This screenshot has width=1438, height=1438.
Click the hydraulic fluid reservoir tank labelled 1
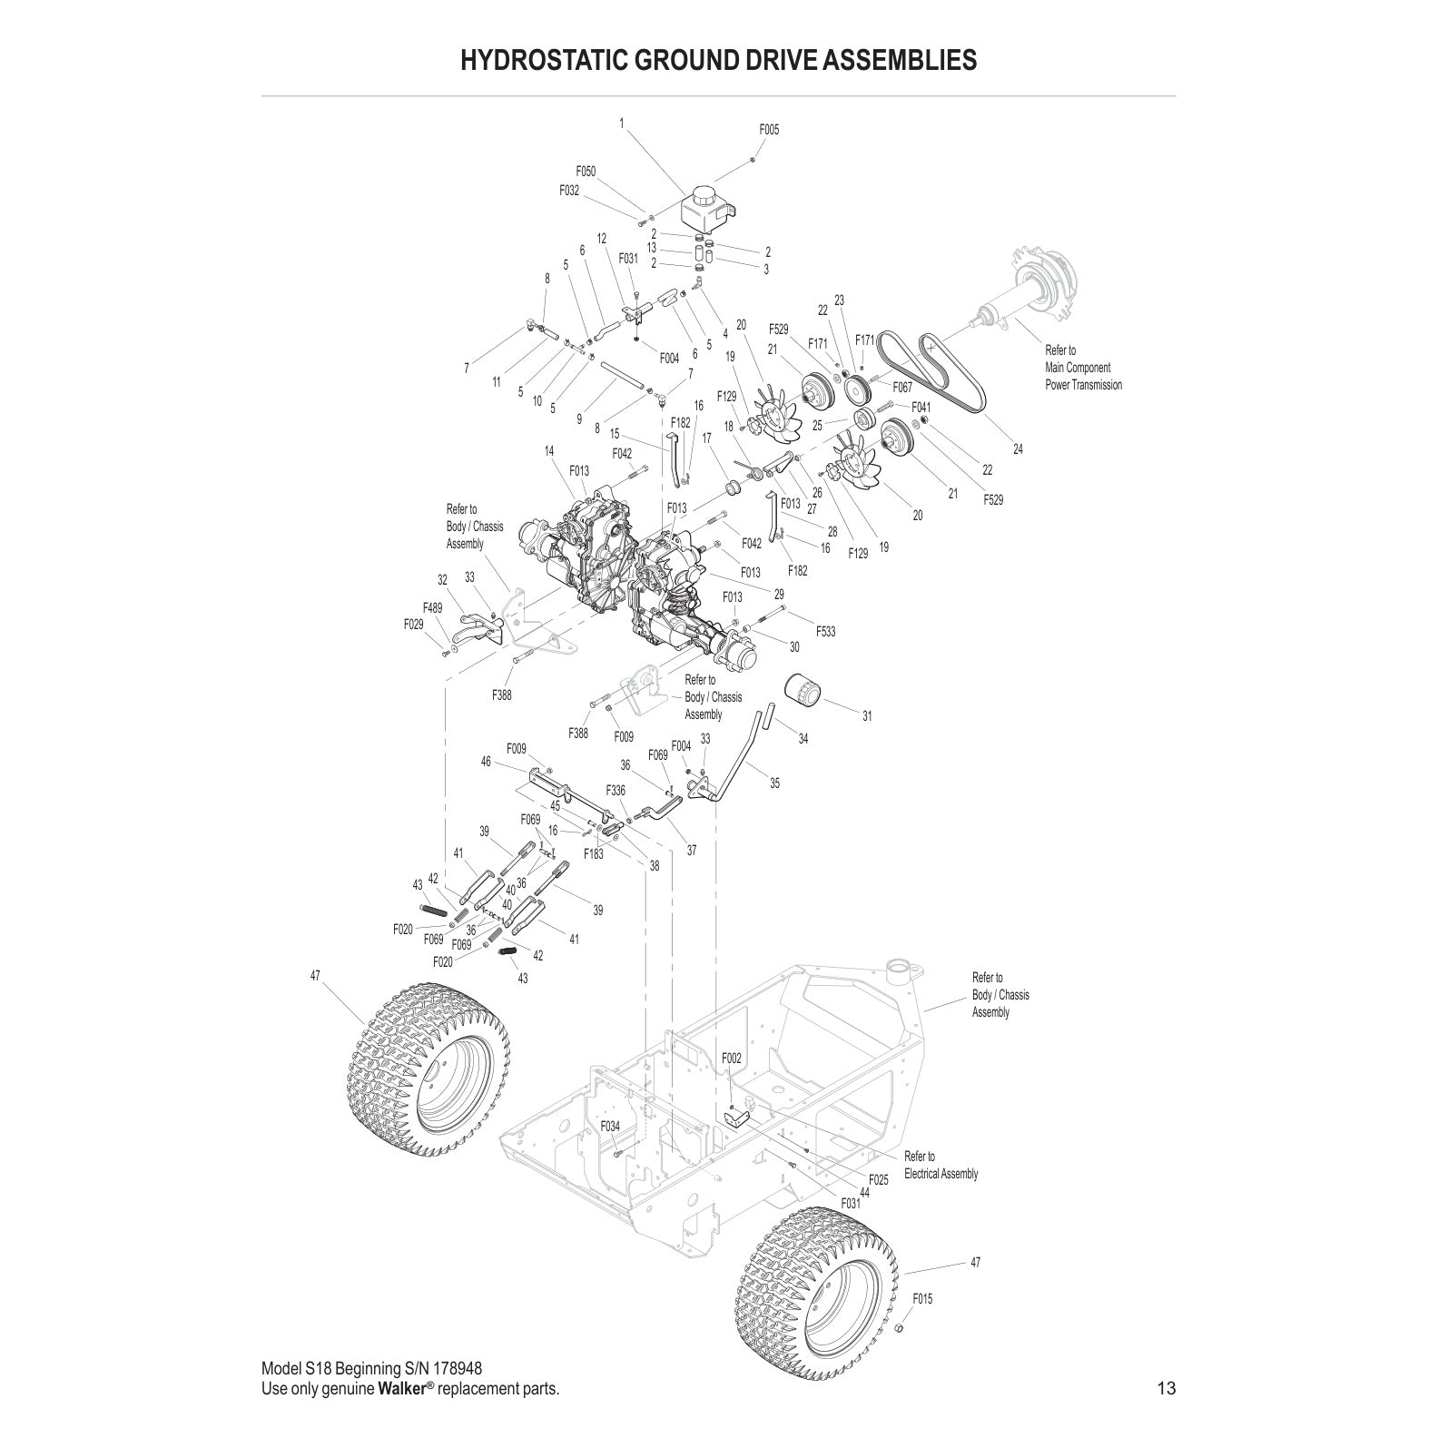pos(705,211)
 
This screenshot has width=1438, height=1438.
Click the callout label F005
pos(769,130)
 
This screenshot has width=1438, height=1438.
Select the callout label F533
pos(825,631)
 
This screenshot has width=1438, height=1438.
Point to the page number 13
pos(1167,1388)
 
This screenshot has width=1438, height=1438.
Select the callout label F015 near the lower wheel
pos(922,1299)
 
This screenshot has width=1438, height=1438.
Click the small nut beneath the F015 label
pos(898,1329)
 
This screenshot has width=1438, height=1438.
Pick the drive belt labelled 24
pos(944,372)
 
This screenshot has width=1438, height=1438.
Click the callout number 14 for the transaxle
pos(549,450)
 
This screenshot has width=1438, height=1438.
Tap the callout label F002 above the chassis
pos(732,1059)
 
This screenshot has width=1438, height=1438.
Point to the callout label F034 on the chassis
pos(610,1127)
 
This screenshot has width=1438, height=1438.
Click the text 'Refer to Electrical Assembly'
pos(941,1165)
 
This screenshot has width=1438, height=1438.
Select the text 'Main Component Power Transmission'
pos(1083,376)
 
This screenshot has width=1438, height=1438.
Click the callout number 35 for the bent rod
pos(774,783)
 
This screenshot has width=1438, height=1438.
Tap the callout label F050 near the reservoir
pos(586,171)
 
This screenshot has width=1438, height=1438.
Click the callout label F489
pos(432,608)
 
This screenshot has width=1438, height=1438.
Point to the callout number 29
pos(779,594)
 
